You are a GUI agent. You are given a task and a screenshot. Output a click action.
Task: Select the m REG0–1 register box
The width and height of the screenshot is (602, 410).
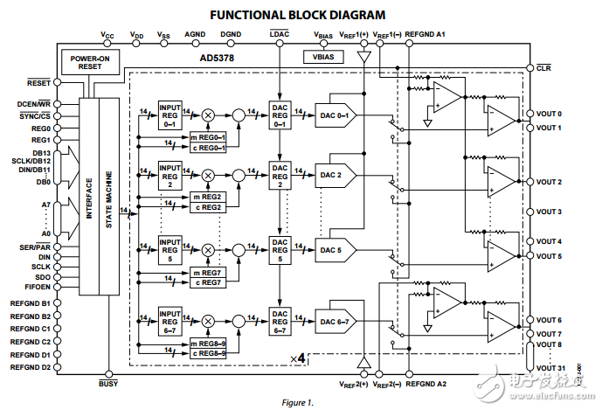point(207,136)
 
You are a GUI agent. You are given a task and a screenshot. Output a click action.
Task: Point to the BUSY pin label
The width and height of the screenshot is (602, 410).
point(109,383)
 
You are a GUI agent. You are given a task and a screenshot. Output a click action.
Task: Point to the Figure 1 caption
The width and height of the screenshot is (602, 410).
point(297,403)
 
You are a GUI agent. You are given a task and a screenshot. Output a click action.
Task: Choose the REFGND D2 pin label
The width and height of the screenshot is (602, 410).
point(31,367)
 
